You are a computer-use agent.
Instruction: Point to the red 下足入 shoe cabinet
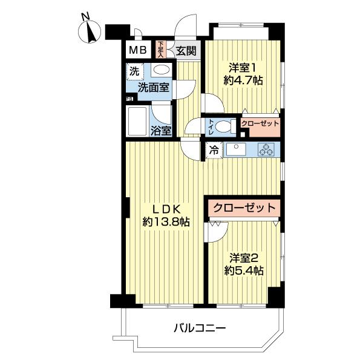[x=161, y=48]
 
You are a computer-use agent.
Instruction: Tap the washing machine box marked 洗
[x=134, y=71]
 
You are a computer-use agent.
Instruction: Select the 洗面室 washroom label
[x=153, y=87]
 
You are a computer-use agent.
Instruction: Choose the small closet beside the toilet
[x=260, y=124]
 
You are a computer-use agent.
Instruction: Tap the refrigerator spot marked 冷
[x=214, y=149]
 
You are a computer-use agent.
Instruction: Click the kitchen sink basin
[x=234, y=149]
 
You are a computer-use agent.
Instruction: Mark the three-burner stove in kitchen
[x=266, y=149]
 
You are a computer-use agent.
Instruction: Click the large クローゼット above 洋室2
[x=244, y=208]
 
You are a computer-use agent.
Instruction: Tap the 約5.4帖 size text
[x=243, y=270]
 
